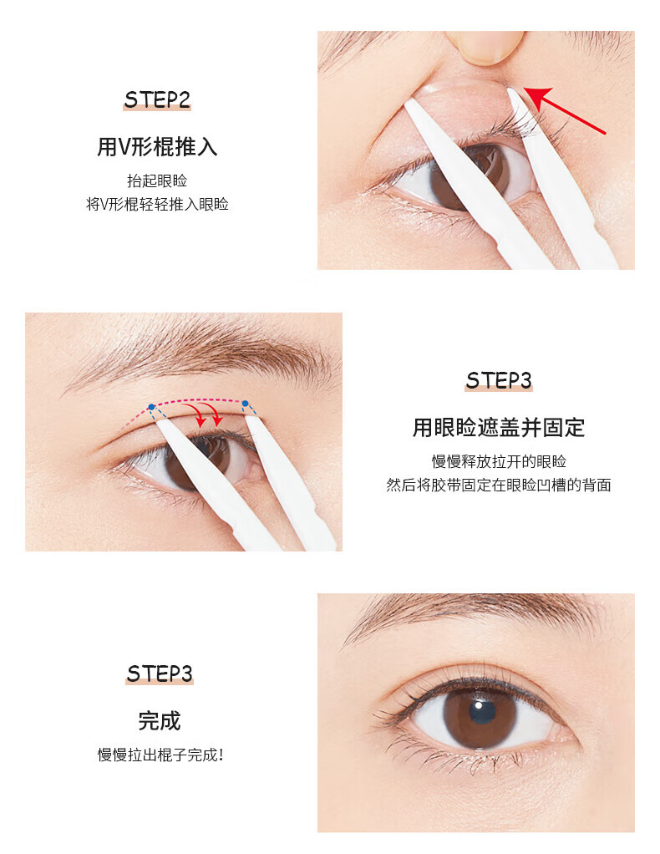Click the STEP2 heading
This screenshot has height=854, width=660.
tap(157, 99)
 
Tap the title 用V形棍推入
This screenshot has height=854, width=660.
tap(157, 146)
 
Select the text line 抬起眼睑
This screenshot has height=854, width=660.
tap(157, 180)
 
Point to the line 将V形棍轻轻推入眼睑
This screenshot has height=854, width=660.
tap(157, 204)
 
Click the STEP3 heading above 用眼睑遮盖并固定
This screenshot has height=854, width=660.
tap(498, 380)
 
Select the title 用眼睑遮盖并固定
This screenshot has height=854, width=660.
tap(498, 428)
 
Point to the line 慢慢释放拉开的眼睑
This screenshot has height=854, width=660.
tap(498, 461)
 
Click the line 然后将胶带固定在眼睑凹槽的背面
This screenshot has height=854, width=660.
tap(498, 485)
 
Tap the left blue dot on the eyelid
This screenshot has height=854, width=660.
tap(151, 407)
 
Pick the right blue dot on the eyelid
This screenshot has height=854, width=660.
tap(245, 404)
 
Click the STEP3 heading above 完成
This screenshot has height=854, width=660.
tap(159, 674)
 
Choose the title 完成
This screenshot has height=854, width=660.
tap(159, 721)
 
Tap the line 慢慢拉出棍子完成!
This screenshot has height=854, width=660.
tap(160, 755)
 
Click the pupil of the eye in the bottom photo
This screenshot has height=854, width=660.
tap(483, 712)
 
